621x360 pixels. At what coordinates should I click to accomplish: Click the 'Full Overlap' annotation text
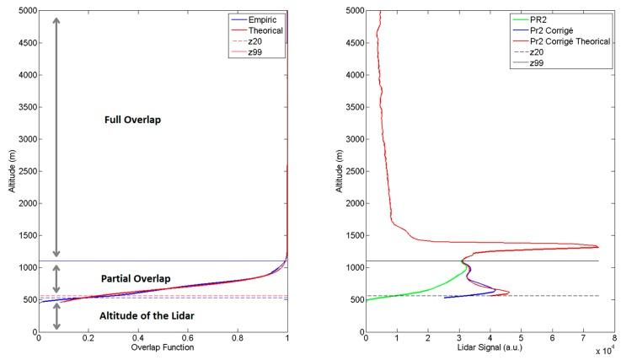(131, 121)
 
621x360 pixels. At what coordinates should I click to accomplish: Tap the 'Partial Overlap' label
(135, 279)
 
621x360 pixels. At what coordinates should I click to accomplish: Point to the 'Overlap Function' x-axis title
(162, 347)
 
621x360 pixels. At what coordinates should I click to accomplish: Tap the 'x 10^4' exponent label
(602, 351)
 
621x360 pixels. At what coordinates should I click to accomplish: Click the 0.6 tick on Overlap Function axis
(188, 339)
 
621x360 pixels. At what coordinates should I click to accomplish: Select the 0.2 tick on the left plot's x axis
(88, 339)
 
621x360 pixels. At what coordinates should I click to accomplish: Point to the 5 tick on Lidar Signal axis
(521, 339)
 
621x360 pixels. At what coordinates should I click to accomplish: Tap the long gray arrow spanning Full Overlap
(57, 135)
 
